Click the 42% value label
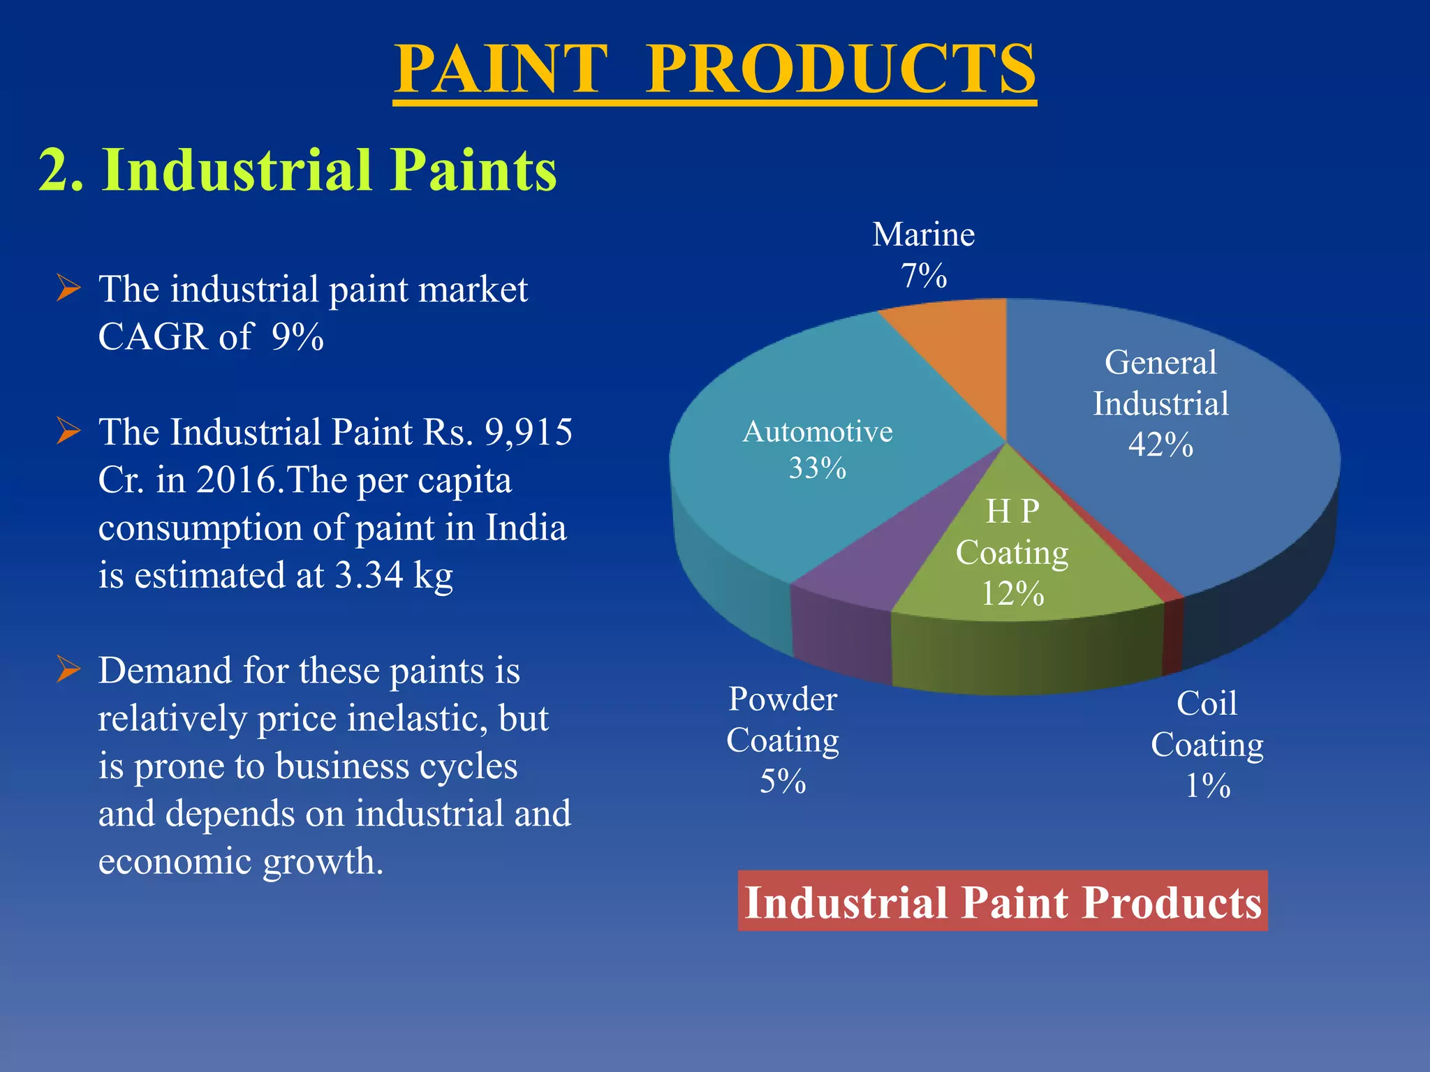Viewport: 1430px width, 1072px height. tap(1160, 445)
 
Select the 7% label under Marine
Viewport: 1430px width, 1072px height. tap(923, 276)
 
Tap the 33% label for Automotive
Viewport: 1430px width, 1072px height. tap(817, 468)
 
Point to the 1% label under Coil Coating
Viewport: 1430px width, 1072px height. tap(1207, 786)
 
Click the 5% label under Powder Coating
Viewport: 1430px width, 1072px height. tap(783, 782)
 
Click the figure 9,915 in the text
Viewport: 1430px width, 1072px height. tap(529, 432)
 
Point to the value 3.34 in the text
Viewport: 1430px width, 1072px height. tap(369, 576)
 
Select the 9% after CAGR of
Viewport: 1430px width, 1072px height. tap(297, 337)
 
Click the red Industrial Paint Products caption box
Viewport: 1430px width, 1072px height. tap(1003, 901)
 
